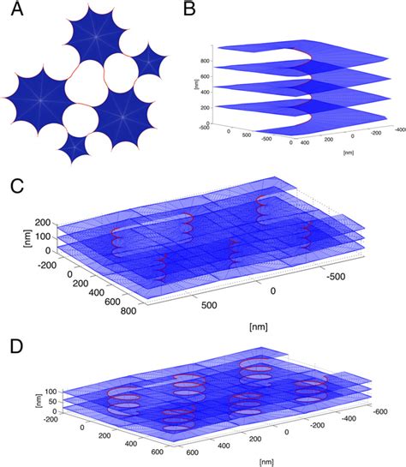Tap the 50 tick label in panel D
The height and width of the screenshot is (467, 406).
click(x=38, y=409)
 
